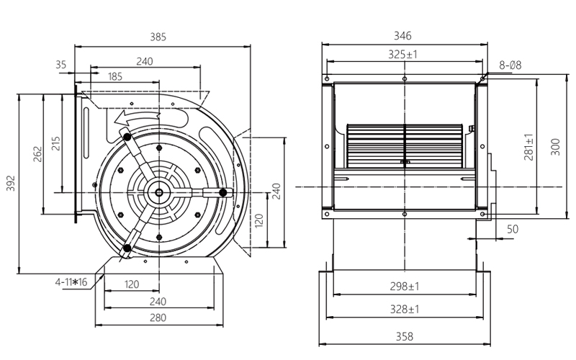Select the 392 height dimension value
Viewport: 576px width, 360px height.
[11, 186]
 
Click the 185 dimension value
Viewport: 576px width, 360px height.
[115, 76]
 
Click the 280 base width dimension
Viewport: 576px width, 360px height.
[158, 318]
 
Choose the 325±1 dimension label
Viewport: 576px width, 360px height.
[405, 54]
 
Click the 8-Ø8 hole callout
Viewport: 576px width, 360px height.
[510, 66]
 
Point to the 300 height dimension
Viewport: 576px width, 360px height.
[556, 147]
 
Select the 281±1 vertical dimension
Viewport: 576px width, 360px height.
[529, 146]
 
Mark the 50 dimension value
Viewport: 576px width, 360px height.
[513, 229]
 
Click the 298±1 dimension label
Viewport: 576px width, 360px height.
[405, 286]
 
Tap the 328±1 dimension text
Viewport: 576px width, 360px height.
[405, 309]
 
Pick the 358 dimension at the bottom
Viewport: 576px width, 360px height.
[405, 336]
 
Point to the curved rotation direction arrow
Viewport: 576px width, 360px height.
[133, 115]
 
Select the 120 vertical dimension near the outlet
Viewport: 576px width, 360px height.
[261, 219]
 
